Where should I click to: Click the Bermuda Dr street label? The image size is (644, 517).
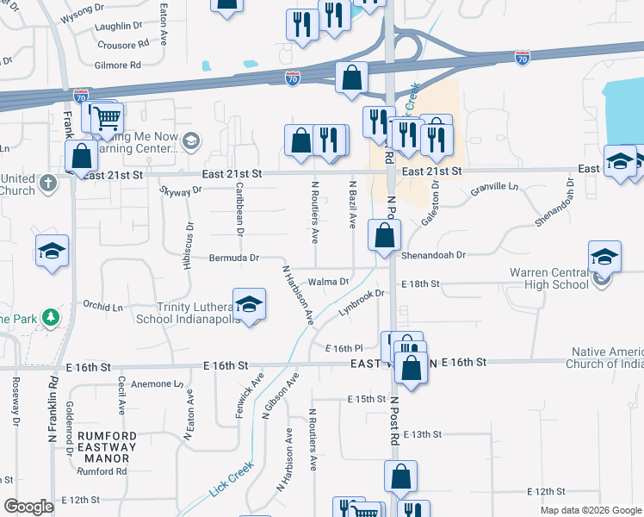coord(234,258)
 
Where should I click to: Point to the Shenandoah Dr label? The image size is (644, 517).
coord(432,256)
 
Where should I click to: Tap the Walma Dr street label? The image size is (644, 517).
coord(328,282)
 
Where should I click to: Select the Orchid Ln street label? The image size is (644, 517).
coord(102,307)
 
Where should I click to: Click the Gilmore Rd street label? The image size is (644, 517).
coord(118,65)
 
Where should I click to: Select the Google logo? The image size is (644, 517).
coord(29,507)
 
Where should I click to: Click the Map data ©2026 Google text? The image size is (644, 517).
coord(590,510)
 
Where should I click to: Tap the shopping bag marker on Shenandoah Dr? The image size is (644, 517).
coord(384,234)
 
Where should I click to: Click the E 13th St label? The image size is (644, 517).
coord(422,435)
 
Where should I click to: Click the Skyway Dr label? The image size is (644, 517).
coord(180,190)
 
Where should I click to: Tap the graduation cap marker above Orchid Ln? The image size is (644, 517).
coord(51,251)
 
